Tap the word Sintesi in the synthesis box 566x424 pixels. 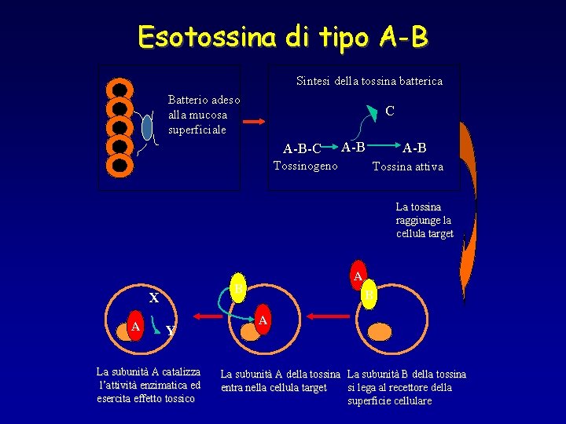pyautogui.click(x=313, y=81)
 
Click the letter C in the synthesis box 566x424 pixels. pyautogui.click(x=390, y=111)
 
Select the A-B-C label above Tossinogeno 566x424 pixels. pyautogui.click(x=302, y=148)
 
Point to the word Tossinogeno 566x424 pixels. pyautogui.click(x=305, y=166)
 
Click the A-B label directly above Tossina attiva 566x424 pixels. pyautogui.click(x=415, y=148)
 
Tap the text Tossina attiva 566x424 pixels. pyautogui.click(x=407, y=166)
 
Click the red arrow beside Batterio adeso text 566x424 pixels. pyautogui.click(x=255, y=122)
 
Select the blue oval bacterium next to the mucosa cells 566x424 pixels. pyautogui.click(x=147, y=126)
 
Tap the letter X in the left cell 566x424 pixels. pyautogui.click(x=154, y=298)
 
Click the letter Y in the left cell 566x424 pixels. pyautogui.click(x=170, y=331)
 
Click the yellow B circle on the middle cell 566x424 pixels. pyautogui.click(x=237, y=289)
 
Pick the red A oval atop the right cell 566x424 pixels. pyautogui.click(x=358, y=276)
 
